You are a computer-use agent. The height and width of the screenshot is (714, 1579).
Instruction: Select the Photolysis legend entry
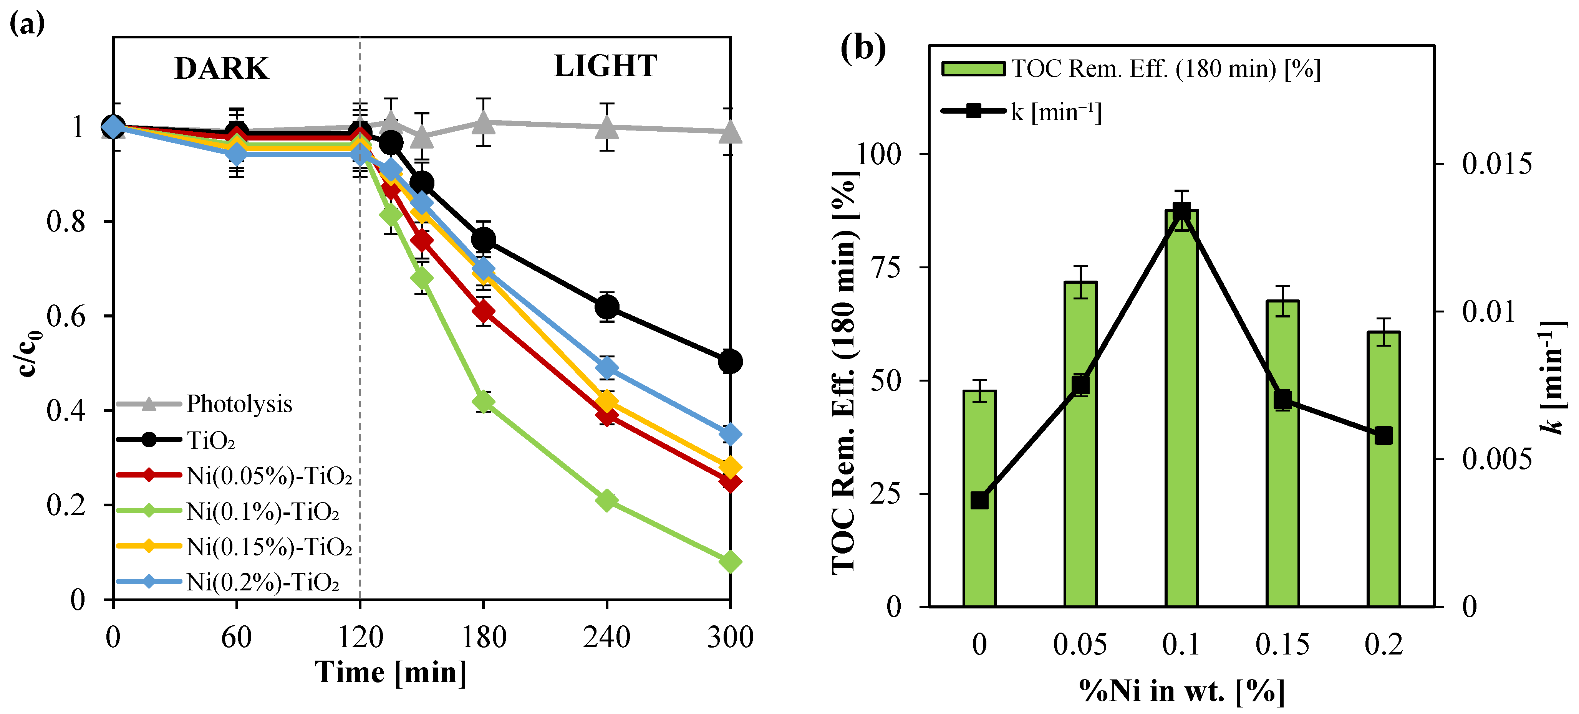(239, 404)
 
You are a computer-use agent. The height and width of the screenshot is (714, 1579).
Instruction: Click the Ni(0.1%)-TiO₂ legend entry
(262, 511)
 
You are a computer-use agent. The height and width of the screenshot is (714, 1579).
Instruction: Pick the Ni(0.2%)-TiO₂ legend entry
(262, 582)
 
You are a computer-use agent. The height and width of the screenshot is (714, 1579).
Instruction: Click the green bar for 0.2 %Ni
(1383, 472)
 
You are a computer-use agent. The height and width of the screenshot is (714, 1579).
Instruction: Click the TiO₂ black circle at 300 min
(729, 362)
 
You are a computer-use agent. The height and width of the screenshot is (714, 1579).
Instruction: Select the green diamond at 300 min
(729, 561)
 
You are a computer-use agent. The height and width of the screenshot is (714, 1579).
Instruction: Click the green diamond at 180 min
(484, 402)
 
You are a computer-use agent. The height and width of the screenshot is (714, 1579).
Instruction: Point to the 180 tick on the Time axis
(484, 637)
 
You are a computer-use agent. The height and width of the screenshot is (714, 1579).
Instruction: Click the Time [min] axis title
(391, 672)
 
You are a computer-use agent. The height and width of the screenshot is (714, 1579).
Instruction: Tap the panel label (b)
(862, 48)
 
